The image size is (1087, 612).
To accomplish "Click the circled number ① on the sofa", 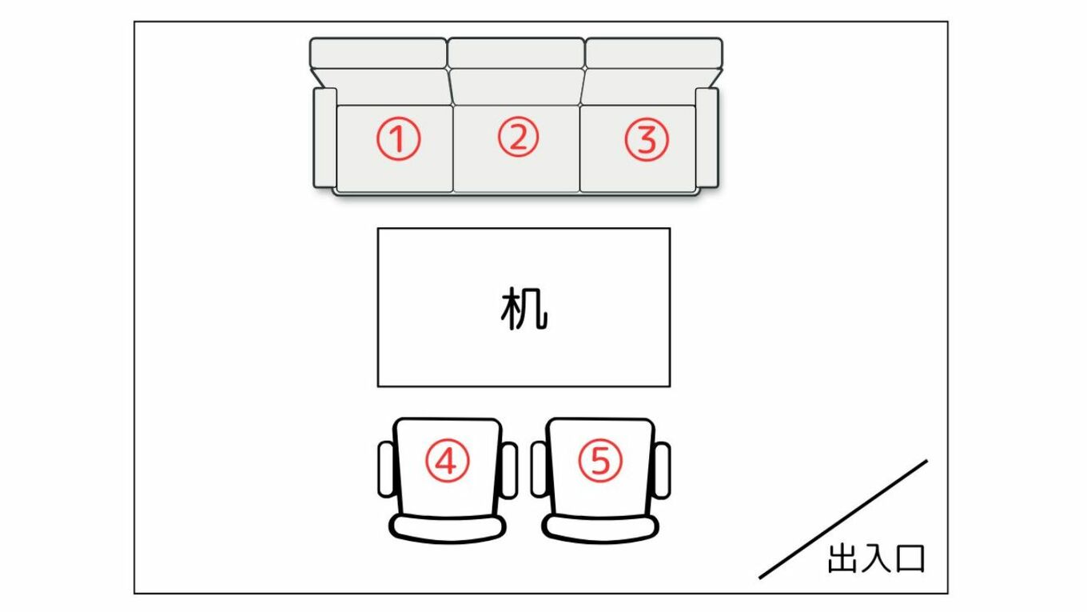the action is point(398,139).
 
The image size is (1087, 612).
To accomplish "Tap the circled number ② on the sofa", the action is point(518,137).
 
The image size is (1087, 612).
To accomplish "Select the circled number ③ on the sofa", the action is point(647,139).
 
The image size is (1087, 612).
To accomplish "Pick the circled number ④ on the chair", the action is point(448,461).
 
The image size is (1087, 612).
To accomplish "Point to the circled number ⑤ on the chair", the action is point(600,460).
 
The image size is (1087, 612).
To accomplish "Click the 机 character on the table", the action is point(524,309).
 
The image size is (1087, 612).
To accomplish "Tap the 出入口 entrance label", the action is point(876,558).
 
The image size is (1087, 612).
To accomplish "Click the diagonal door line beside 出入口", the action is point(843,519).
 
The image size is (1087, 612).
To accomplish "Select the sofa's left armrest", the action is point(325,138).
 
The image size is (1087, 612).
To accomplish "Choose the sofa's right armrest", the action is point(707,138).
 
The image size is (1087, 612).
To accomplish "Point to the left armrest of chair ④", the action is point(386,470).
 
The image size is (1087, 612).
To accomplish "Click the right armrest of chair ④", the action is point(509,470).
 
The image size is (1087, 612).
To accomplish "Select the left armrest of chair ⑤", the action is point(540,469).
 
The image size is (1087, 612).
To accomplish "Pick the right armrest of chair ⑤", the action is point(662,470).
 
